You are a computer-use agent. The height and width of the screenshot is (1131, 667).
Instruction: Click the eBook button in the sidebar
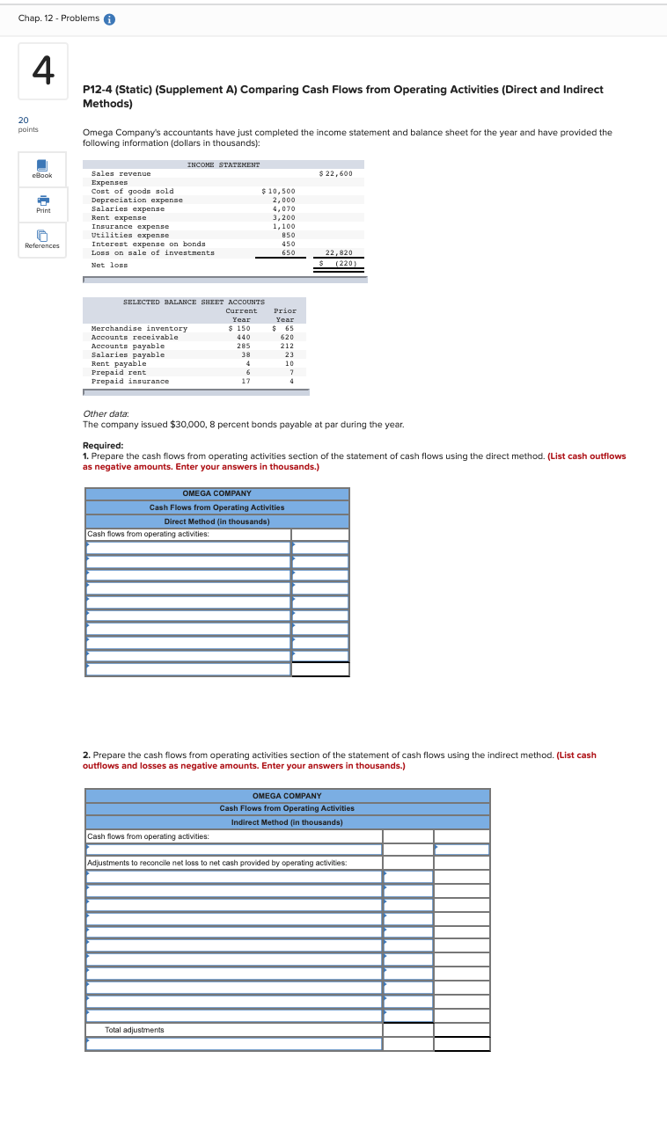41,169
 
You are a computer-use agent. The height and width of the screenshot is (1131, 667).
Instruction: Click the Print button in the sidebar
41,204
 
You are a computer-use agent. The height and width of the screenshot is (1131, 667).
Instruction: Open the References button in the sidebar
41,239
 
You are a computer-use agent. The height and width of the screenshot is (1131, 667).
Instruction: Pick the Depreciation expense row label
137,200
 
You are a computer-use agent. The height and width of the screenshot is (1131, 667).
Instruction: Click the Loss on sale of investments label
152,252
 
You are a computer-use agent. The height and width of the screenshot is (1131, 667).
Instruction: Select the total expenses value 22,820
339,252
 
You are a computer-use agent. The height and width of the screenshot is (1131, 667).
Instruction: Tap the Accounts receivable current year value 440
244,337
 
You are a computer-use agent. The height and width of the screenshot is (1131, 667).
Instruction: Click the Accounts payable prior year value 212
287,346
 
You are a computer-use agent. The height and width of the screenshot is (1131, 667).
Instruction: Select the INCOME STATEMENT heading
224,164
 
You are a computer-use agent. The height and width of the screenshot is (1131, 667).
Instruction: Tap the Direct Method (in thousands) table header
216,521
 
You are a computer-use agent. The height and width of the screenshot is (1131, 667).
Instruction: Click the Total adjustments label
134,1029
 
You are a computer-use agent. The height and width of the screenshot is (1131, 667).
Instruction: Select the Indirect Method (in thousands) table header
287,821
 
